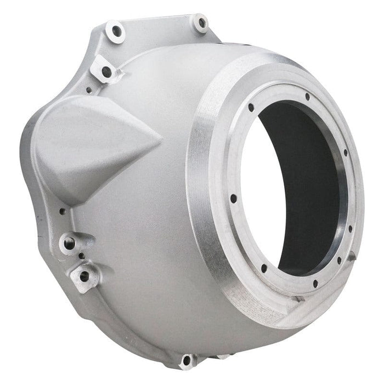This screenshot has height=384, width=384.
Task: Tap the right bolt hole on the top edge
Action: pyautogui.click(x=201, y=23)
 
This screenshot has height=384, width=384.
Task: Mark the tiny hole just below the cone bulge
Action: pyautogui.click(x=63, y=211)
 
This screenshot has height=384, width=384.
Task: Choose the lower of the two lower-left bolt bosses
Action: pyautogui.click(x=84, y=276)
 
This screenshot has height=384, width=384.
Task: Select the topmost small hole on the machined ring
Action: pyautogui.click(x=307, y=97)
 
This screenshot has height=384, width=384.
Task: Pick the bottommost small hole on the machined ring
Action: pyautogui.click(x=315, y=284)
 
